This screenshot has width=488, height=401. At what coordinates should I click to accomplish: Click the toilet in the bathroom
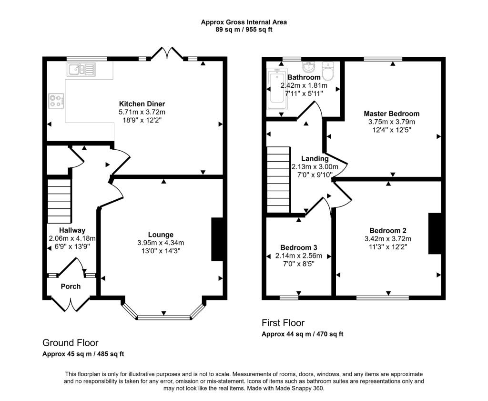pos(328,72)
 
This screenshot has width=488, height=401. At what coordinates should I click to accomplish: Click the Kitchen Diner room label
pos(142,104)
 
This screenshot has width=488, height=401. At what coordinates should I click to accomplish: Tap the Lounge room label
pos(161,235)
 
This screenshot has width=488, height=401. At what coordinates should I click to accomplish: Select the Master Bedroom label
pos(391,113)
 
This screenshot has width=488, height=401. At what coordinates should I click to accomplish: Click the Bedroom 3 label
pos(298,247)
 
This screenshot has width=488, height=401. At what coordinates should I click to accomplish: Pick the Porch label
pos(71,287)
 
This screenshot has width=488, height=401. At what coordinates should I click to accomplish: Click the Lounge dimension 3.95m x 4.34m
pos(161,242)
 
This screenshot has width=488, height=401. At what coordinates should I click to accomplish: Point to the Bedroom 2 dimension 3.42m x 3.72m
pos(387,239)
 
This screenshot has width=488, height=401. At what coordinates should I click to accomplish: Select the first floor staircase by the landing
pos(278,179)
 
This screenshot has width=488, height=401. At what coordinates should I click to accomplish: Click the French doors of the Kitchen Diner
pos(167,54)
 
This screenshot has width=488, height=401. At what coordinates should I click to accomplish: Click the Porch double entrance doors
pos(71,304)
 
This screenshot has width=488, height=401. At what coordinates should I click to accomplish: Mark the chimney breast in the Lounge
pos(217,239)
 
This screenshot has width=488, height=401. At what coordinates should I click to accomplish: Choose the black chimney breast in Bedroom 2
pos(434,234)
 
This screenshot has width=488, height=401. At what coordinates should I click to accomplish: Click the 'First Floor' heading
pos(283,323)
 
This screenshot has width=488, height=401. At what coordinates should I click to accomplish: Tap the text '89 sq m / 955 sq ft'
pos(244,29)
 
